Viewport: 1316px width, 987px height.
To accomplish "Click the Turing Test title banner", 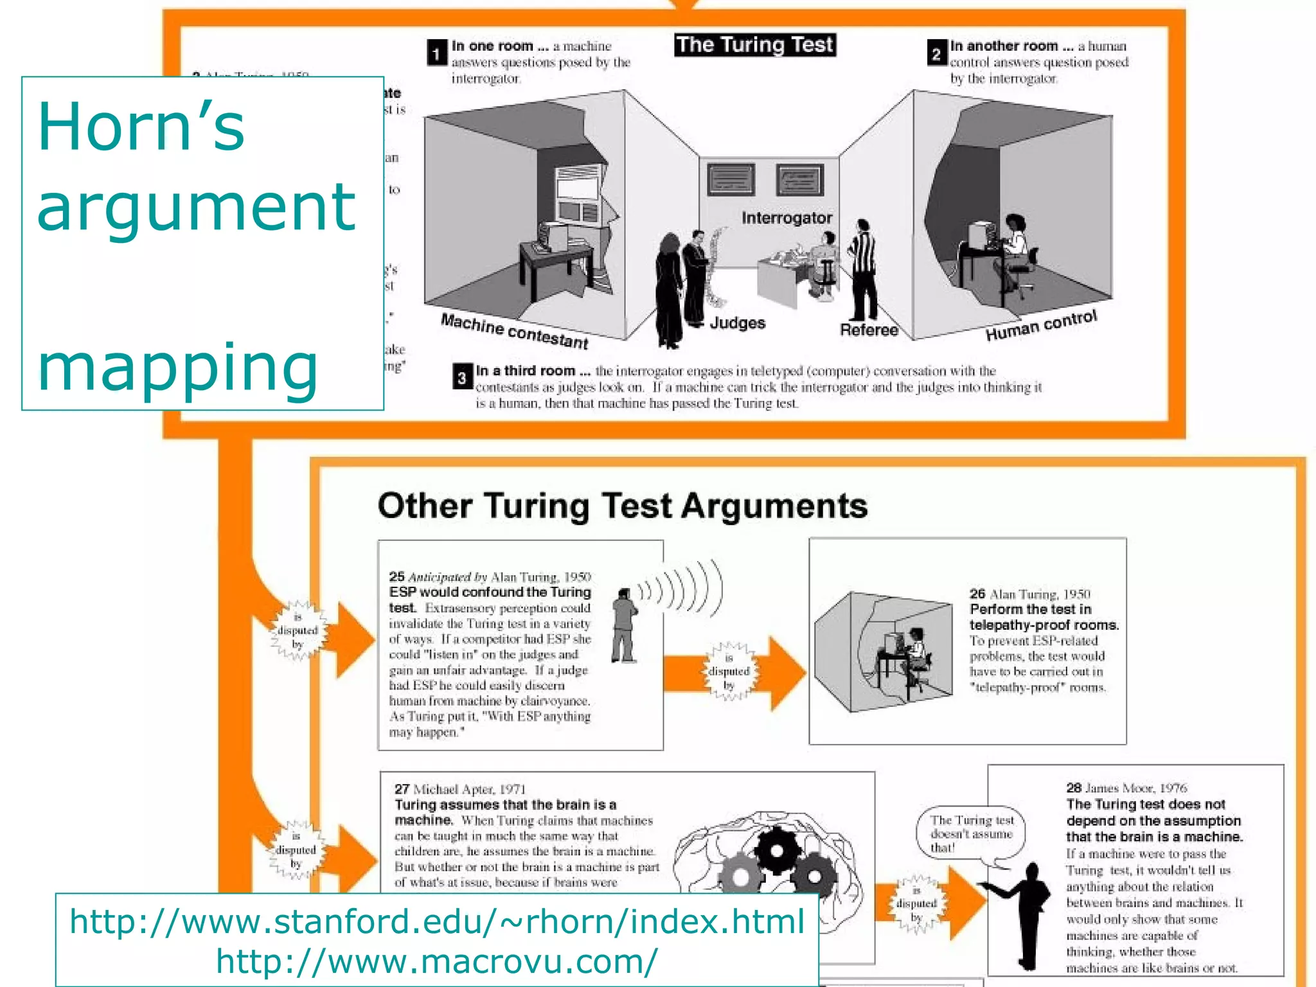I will tap(754, 45).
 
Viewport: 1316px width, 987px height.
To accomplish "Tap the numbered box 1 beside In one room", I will tap(436, 53).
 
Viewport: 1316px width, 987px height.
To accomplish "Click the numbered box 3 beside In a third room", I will tap(462, 377).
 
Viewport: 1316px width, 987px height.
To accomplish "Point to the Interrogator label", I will tap(786, 218).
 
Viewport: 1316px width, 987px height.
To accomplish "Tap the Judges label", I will tap(737, 323).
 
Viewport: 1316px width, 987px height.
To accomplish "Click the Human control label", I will tap(1041, 326).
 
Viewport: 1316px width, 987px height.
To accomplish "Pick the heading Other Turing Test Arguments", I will tap(622, 506).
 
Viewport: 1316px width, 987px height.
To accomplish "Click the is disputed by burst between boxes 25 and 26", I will tap(729, 671).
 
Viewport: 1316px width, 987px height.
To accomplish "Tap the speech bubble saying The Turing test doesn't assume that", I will tap(971, 833).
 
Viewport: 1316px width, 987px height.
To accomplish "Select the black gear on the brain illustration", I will tap(777, 849).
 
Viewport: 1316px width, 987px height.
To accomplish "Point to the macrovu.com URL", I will tap(437, 961).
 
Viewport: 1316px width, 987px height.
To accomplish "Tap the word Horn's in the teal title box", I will tap(141, 127).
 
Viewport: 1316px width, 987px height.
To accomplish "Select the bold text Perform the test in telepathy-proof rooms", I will tap(1044, 617).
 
